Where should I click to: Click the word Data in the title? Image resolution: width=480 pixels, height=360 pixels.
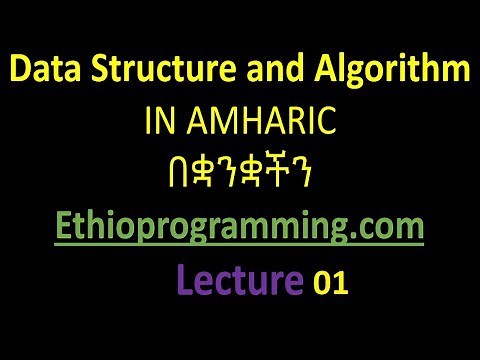[46, 72]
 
